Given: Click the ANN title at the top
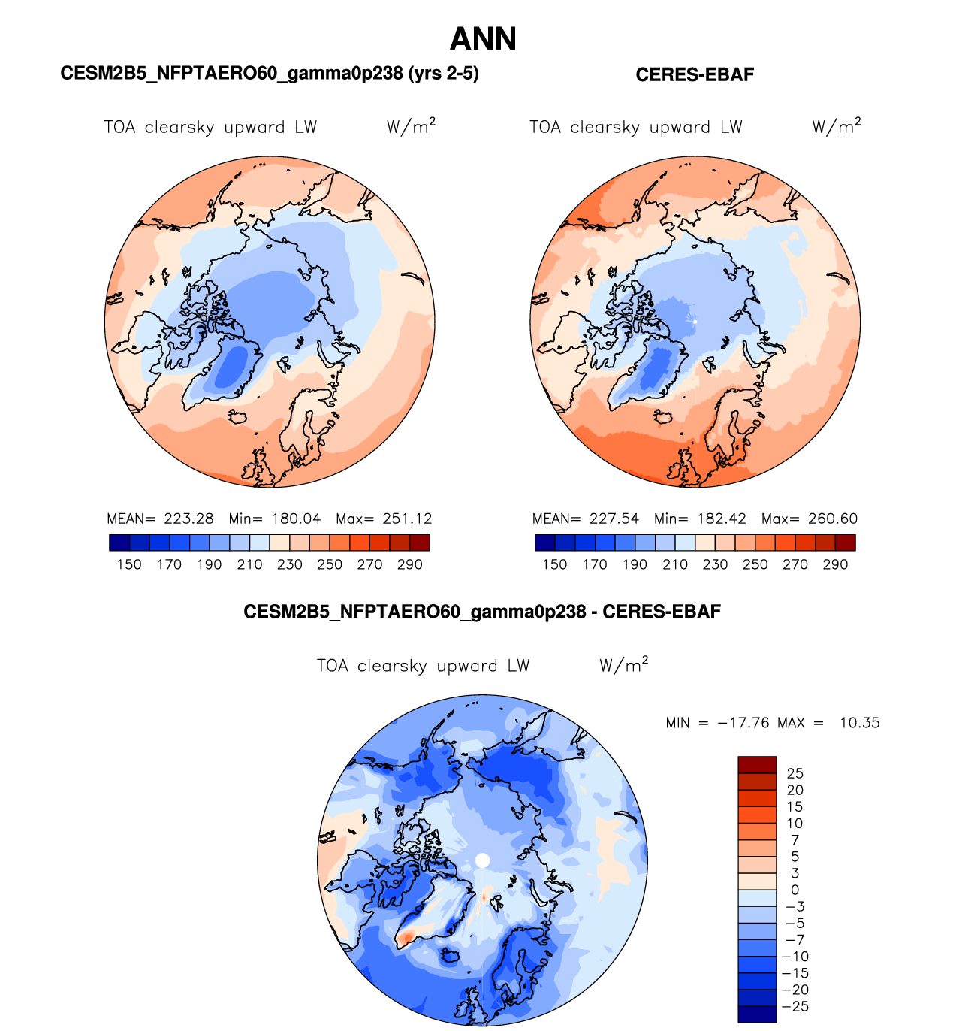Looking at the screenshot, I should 483,39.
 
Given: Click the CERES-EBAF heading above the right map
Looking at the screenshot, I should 695,75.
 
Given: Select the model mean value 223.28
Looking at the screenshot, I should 188,519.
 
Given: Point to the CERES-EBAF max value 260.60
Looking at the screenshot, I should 833,519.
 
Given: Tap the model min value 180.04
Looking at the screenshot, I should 296,519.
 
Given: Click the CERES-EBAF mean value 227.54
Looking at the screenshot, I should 614,519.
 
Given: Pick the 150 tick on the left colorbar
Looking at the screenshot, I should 129,564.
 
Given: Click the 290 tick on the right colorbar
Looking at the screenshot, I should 835,564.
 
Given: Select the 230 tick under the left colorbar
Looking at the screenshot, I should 290,564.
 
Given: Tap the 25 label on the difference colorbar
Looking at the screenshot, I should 795,773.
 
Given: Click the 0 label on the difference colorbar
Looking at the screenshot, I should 795,890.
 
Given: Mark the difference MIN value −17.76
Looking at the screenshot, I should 743,723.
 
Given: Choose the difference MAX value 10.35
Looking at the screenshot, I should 859,723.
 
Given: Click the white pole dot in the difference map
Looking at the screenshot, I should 482,860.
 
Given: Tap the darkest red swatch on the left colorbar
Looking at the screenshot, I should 420,543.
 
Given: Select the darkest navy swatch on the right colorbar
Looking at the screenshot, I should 545,543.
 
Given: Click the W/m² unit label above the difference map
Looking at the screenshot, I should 623,666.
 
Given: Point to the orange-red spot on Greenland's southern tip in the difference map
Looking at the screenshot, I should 406,937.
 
